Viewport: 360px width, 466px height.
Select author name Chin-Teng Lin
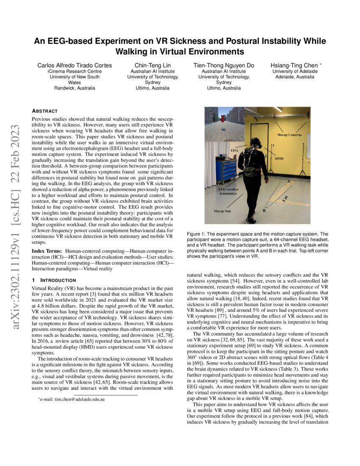(153, 65)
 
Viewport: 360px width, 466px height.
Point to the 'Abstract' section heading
(45, 111)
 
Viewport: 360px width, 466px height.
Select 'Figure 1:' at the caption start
(197, 234)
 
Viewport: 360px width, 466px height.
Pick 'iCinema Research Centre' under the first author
(75, 72)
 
